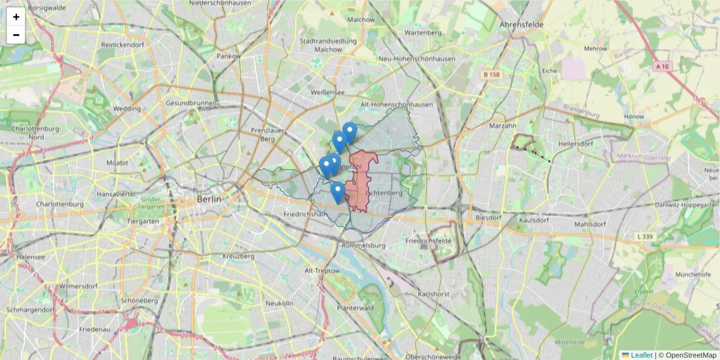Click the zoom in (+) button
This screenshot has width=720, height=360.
click(16, 17)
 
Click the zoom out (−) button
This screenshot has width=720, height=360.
click(16, 35)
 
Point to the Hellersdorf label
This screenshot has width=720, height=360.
click(576, 145)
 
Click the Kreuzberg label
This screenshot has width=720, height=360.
click(238, 256)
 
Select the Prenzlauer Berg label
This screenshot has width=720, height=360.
click(262, 134)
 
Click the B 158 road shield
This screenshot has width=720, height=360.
click(491, 74)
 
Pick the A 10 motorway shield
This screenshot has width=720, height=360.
click(662, 67)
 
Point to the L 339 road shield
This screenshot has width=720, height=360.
click(645, 238)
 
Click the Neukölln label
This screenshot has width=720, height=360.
click(279, 304)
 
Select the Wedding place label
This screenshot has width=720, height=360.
click(127, 109)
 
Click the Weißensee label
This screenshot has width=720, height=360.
click(328, 92)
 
